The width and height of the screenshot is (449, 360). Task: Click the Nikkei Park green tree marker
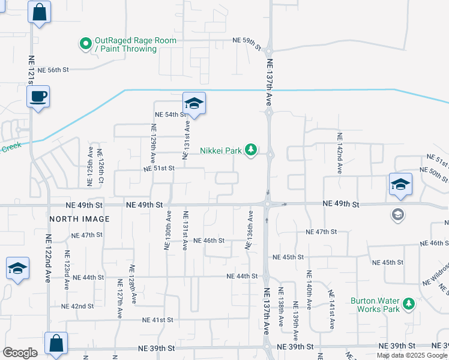[x=252, y=150]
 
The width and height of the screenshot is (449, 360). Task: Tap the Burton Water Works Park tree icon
[x=409, y=304]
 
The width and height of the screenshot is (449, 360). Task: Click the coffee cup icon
[x=38, y=97]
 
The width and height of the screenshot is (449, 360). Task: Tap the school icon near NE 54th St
[x=194, y=104]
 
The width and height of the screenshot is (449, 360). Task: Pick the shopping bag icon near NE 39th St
[x=56, y=344]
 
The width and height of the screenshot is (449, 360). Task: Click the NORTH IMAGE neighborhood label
[x=80, y=219]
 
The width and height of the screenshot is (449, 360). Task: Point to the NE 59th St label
[x=247, y=41]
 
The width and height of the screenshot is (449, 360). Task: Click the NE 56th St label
[x=53, y=70]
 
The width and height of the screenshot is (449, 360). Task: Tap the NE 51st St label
[x=159, y=169]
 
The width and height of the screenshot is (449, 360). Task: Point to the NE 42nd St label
[x=78, y=306]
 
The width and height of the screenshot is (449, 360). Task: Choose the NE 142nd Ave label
[x=339, y=153]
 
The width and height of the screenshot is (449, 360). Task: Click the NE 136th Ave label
[x=248, y=230]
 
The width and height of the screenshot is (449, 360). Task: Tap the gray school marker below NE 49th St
[x=397, y=214]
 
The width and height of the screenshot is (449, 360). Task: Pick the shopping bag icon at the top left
[x=39, y=13]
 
